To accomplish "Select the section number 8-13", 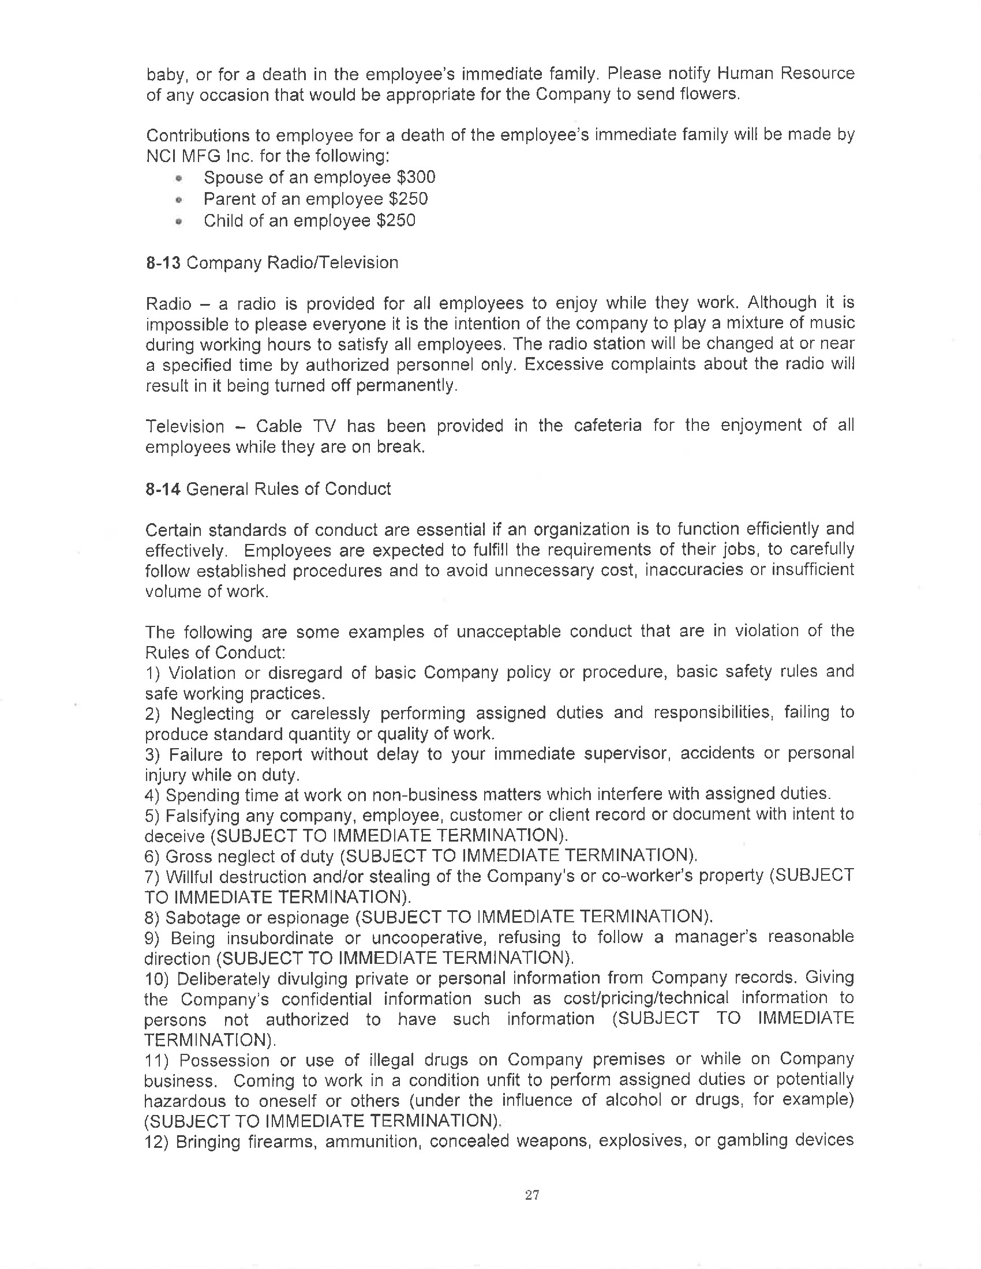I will pos(163,262).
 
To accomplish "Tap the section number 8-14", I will pos(163,489).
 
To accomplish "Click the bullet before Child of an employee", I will pos(179,221).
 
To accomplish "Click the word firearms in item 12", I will pos(280,1140).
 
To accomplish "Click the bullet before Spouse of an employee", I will pos(179,178).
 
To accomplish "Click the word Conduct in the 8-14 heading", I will pos(357,489).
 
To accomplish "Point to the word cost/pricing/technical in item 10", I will pos(646,998).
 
